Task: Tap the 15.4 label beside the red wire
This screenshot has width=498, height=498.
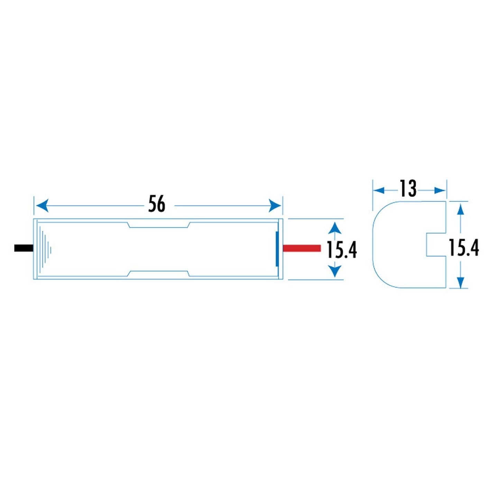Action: (x=342, y=249)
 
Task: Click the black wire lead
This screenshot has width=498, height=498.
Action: (x=24, y=248)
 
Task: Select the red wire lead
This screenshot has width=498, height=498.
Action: (x=302, y=248)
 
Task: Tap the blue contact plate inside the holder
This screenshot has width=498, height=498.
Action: (x=277, y=248)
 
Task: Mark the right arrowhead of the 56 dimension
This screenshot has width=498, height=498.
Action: (x=275, y=206)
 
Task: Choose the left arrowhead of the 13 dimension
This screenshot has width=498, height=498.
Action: (x=379, y=191)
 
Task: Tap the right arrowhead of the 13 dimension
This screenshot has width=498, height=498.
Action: (x=439, y=191)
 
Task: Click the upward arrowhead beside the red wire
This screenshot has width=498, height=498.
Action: (x=335, y=229)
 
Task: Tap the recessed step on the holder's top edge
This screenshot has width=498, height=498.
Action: (x=159, y=225)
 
